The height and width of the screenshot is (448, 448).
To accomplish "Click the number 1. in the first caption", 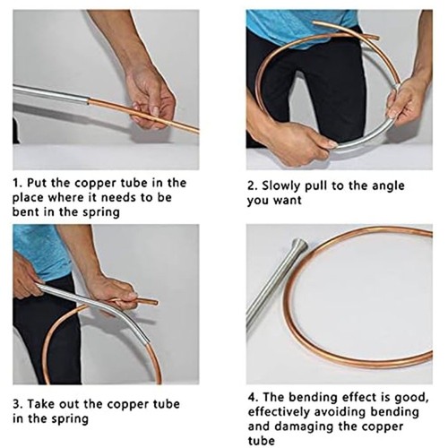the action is pyautogui.click(x=17, y=183).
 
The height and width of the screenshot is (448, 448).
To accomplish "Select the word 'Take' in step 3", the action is pyautogui.click(x=40, y=404).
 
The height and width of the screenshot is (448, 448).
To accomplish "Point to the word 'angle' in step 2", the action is pyautogui.click(x=388, y=186).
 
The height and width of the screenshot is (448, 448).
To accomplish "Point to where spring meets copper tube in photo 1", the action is pyautogui.click(x=89, y=100).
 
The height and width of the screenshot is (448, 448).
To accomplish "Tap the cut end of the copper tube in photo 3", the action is pyautogui.click(x=156, y=303).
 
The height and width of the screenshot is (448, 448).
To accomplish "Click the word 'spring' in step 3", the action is pyautogui.click(x=70, y=419).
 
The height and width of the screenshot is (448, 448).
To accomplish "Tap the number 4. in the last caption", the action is pyautogui.click(x=254, y=398).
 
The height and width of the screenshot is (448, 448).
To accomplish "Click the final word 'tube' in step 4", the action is pyautogui.click(x=262, y=441).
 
